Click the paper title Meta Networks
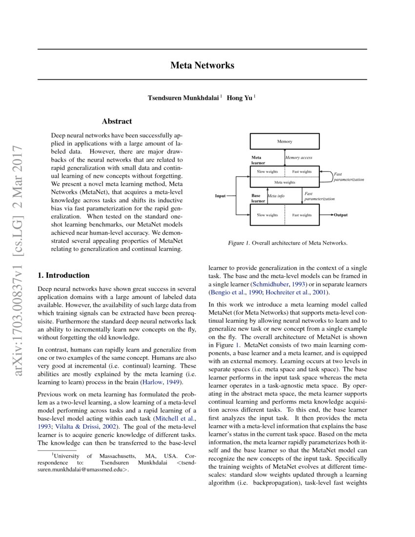pyautogui.click(x=202, y=65)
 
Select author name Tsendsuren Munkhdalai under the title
pyautogui.click(x=184, y=98)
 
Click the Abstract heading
pyautogui.click(x=117, y=121)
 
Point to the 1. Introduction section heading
pyautogui.click(x=64, y=275)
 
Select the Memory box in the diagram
pyautogui.click(x=284, y=142)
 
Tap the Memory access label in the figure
pyautogui.click(x=299, y=158)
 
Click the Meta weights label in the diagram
pyautogui.click(x=284, y=182)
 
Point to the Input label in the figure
pyautogui.click(x=221, y=196)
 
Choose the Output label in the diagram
pyautogui.click(x=341, y=215)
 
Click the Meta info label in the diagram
pyautogui.click(x=276, y=196)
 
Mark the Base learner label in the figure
pyautogui.click(x=258, y=198)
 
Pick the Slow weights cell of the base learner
pyautogui.click(x=267, y=215)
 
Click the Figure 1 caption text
pyautogui.click(x=288, y=243)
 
